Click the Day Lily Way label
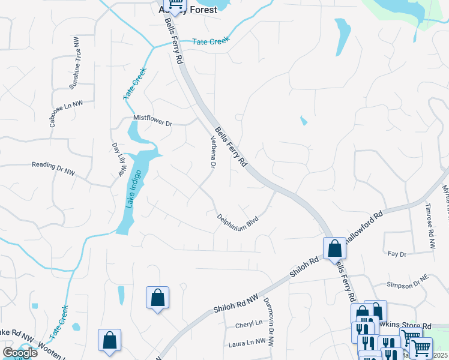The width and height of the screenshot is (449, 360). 118,160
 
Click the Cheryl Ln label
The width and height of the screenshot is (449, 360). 249,323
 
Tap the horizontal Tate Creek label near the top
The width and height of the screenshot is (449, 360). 211,41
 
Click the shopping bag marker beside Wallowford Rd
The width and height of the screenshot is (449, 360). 334,248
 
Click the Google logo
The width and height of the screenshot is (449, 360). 19,352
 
